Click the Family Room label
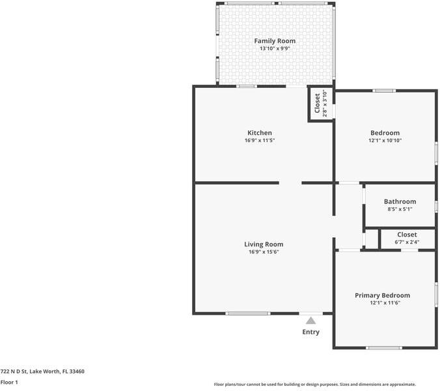click(274, 41)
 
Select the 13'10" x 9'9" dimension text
click(274, 49)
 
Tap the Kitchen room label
click(259, 133)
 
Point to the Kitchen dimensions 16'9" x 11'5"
click(259, 141)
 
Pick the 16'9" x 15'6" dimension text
click(264, 252)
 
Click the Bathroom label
click(400, 201)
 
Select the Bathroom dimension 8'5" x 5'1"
click(400, 209)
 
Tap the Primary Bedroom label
click(382, 295)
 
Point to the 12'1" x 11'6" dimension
click(384, 303)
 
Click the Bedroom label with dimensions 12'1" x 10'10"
click(384, 133)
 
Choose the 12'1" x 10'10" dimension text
click(384, 141)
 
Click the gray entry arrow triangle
click(311, 320)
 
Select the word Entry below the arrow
click(311, 332)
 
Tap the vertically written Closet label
click(317, 104)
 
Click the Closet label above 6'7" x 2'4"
click(407, 235)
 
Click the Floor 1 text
click(9, 383)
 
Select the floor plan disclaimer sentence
click(315, 384)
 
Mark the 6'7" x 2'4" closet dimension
click(407, 242)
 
